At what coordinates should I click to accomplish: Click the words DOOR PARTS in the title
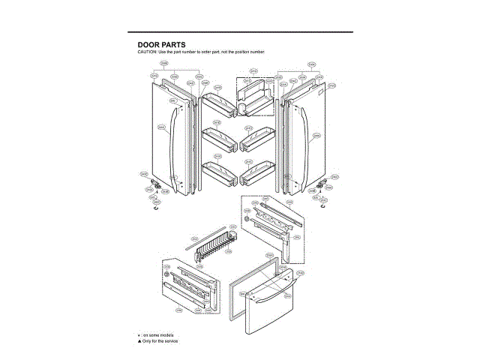156,44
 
